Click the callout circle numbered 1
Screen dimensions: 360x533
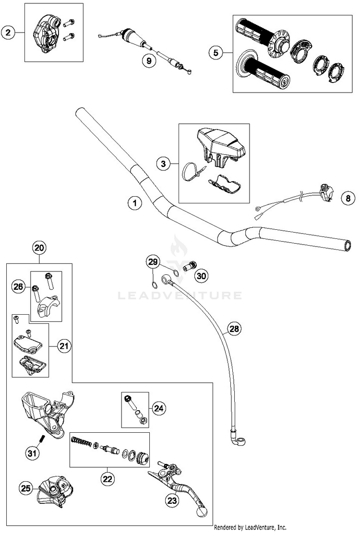pos(135,203)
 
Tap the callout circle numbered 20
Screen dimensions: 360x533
pos(39,248)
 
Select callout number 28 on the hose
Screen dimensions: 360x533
pos(234,329)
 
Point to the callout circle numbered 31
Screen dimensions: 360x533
pos(32,453)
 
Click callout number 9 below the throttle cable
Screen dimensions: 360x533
pos(148,61)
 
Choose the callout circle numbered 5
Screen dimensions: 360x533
pos(216,53)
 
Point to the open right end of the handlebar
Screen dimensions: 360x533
pos(347,246)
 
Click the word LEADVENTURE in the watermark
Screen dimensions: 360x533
pos(180,295)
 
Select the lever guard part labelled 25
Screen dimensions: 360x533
pos(56,490)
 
